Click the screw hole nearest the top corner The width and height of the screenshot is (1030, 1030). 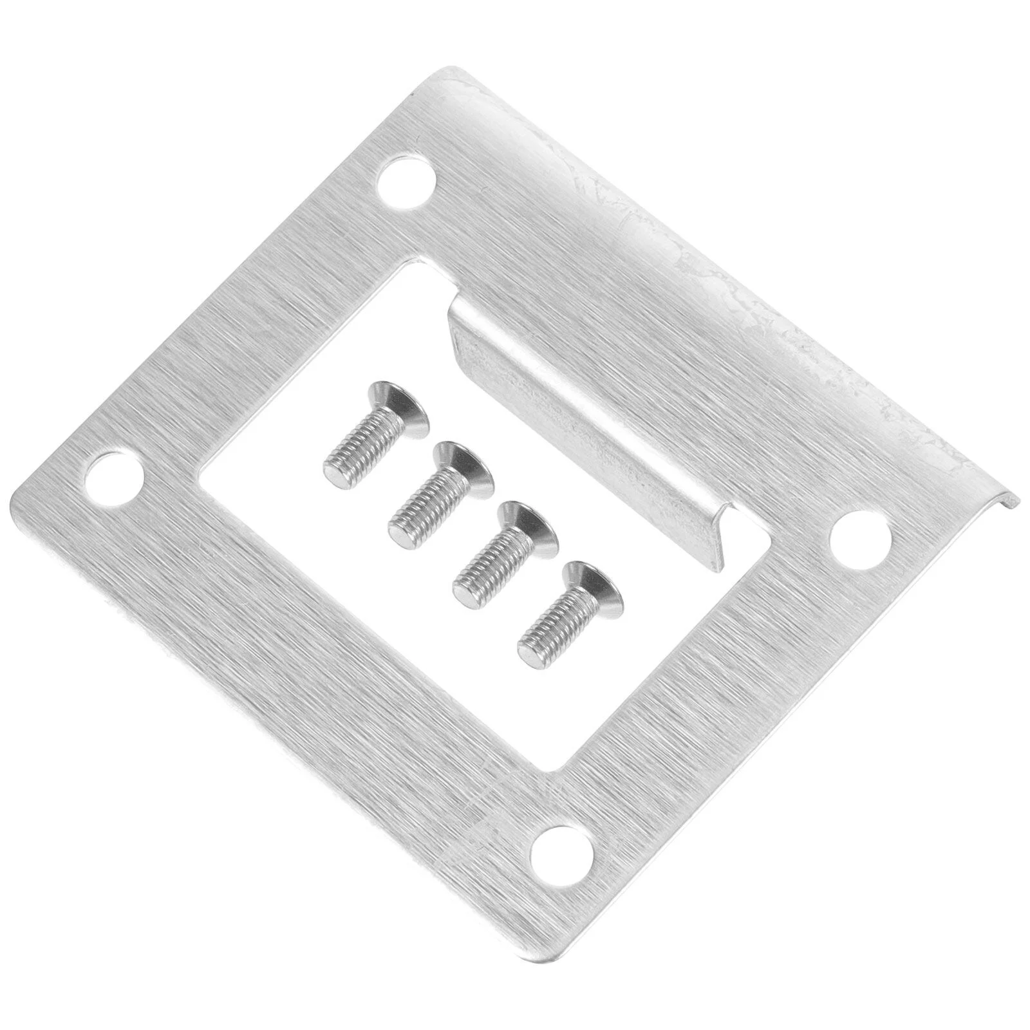[x=405, y=181]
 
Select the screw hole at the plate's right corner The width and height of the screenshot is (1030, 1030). [x=861, y=539]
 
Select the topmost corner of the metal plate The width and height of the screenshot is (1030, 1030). [x=451, y=68]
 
